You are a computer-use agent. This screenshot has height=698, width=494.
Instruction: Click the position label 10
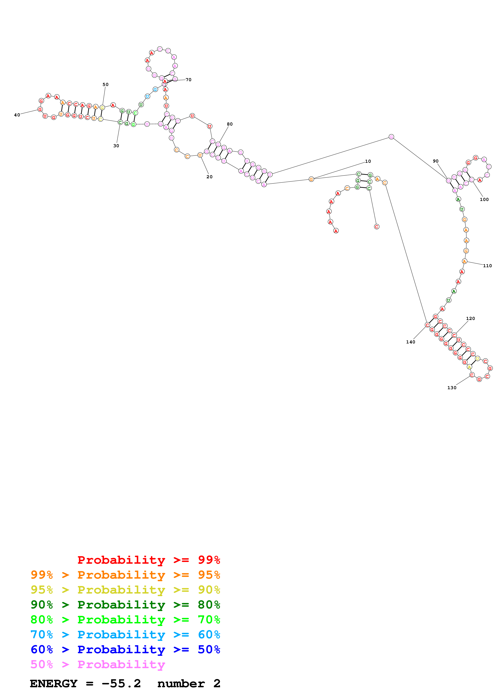click(368, 161)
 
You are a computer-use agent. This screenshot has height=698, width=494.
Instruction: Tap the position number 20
click(209, 177)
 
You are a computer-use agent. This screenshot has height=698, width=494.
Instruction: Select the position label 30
click(116, 146)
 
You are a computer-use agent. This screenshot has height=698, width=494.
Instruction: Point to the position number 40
click(17, 115)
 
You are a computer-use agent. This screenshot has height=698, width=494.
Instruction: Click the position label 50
click(105, 85)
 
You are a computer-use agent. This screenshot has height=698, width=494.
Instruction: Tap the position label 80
click(230, 124)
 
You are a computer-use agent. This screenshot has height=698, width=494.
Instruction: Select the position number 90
click(436, 161)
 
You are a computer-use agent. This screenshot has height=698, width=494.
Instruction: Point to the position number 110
click(487, 266)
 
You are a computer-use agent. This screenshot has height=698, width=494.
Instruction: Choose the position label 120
click(470, 319)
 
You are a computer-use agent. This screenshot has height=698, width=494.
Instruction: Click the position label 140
click(411, 342)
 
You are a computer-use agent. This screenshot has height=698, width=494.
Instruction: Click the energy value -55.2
click(121, 683)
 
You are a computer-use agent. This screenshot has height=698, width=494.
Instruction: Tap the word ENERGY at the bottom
click(54, 683)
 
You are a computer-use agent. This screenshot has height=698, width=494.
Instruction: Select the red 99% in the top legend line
click(209, 560)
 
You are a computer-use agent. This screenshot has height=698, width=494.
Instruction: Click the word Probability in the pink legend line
click(121, 664)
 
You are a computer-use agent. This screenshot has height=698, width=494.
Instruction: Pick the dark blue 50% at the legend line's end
click(209, 649)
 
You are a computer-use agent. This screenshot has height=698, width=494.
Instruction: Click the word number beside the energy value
click(181, 683)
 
